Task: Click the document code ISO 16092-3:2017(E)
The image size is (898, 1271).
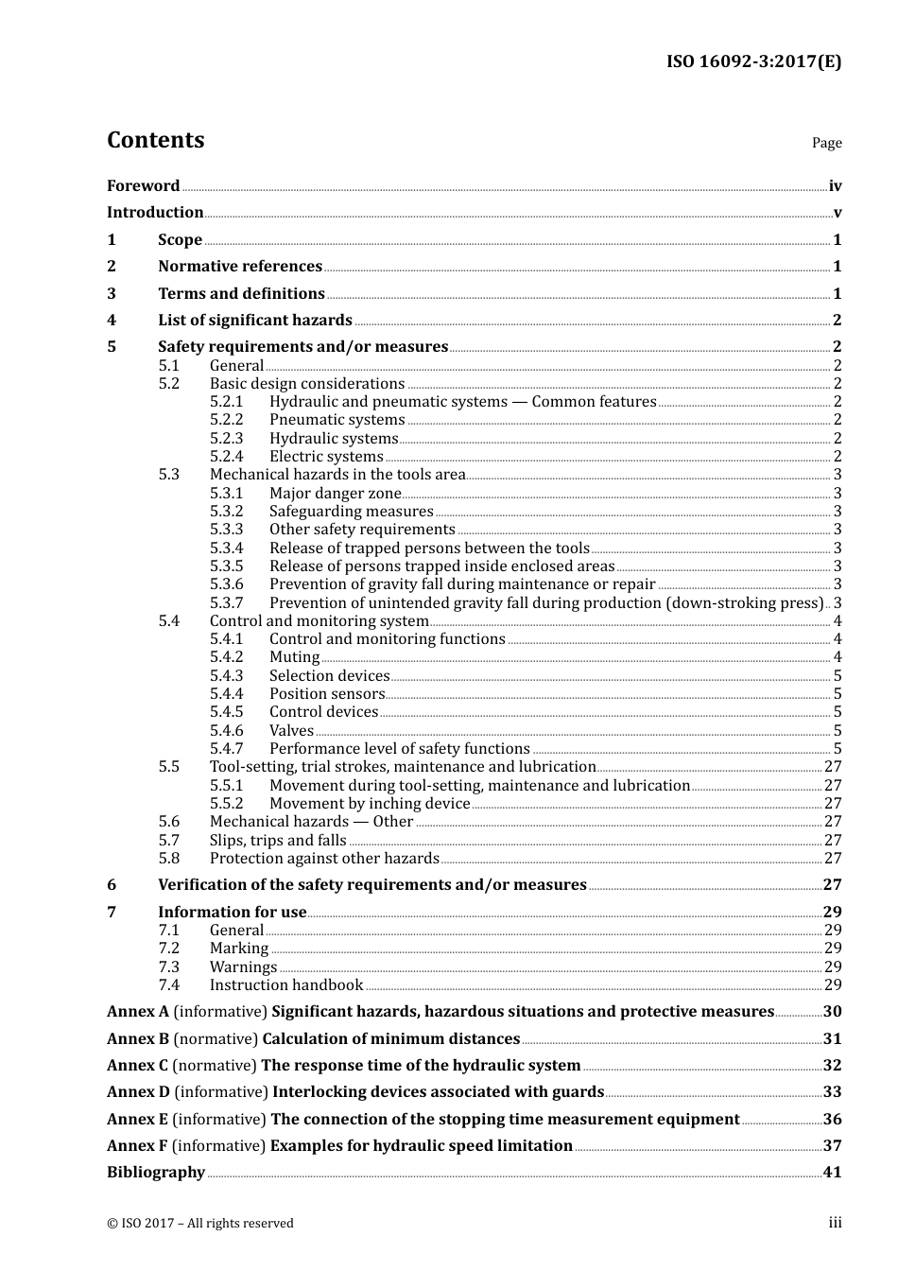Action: pos(753,61)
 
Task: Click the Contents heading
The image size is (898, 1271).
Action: pos(155,140)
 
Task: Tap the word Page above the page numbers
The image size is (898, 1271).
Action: pos(826,143)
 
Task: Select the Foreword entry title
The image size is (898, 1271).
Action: pos(143,186)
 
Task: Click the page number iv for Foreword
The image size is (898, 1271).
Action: pos(835,186)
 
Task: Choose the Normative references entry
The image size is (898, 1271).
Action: pos(240,267)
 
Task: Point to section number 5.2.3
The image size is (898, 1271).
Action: pos(226,438)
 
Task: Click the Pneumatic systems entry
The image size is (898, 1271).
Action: pos(337,420)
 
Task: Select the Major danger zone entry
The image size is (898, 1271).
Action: pos(335,493)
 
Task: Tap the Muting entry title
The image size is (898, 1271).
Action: pos(294,657)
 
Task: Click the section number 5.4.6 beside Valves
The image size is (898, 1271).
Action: pos(226,730)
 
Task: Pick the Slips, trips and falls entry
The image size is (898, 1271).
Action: pos(278,840)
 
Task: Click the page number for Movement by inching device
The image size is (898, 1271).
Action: pos(832,804)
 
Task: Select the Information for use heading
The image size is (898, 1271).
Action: pos(232,912)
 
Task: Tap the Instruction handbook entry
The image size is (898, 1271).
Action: pos(285,985)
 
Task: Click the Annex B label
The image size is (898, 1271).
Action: pos(138,1038)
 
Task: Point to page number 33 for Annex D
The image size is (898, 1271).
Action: pos(832,1092)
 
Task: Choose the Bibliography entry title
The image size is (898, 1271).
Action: pos(156,1173)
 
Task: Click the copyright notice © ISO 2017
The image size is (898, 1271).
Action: pos(199,1223)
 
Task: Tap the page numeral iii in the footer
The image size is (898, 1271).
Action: pos(835,1223)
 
